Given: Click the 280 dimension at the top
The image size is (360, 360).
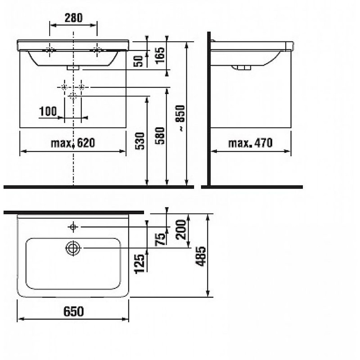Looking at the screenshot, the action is [x=74, y=18].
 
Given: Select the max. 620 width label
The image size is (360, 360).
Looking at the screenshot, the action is [x=73, y=143].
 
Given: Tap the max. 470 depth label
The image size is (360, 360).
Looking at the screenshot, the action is [x=250, y=143].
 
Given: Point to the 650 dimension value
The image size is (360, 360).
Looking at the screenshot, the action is [x=74, y=312].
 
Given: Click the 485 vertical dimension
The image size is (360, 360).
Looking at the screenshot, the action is [x=200, y=256].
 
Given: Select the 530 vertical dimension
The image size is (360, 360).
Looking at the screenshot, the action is [x=140, y=141].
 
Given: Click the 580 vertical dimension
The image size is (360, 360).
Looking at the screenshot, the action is [x=160, y=136].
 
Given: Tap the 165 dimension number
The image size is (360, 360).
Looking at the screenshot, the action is [x=160, y=55].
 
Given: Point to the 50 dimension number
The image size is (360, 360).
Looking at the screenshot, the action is [x=138, y=61].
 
